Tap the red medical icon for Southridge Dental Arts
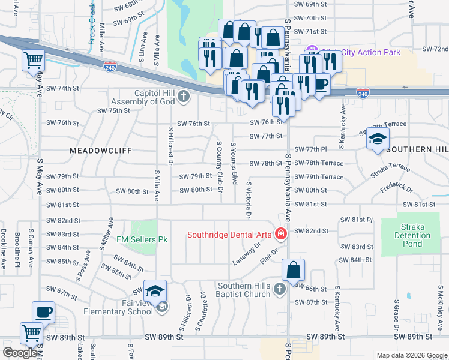click(x=280, y=233)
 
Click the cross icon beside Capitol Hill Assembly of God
click(x=184, y=96)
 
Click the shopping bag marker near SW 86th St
click(x=292, y=271)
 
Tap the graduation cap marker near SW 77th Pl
click(x=376, y=139)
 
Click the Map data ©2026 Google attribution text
click(x=412, y=355)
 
